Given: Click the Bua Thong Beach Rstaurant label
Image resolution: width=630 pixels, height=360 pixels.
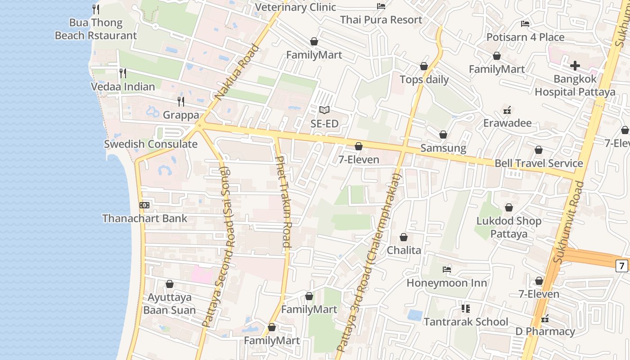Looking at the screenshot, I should (95, 29).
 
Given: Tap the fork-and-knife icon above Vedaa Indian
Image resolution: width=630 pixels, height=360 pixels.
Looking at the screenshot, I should (122, 72).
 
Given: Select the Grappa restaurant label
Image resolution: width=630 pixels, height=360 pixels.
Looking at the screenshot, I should (181, 115).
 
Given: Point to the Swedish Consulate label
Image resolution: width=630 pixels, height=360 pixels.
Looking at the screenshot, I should (151, 144).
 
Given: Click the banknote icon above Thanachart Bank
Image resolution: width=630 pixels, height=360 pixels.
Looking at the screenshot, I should (144, 205).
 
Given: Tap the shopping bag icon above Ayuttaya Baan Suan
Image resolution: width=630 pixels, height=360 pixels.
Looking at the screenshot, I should (170, 284).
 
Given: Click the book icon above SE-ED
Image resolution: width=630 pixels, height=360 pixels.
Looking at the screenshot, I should (324, 110).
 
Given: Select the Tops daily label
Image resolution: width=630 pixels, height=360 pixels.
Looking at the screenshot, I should (424, 80).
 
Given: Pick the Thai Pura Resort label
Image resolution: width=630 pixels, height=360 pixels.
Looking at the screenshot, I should (381, 20).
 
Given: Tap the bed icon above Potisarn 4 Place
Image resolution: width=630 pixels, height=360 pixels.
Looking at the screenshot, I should (525, 23).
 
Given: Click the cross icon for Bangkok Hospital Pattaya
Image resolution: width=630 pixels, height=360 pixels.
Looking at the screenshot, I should (575, 66).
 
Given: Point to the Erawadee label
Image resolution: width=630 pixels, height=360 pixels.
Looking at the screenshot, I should (507, 123).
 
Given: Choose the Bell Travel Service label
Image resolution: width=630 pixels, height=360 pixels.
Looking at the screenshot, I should (539, 163).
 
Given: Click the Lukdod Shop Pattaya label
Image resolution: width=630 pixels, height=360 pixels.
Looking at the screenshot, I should (509, 227).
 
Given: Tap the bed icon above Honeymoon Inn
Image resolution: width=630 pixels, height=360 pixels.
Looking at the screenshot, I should (447, 270).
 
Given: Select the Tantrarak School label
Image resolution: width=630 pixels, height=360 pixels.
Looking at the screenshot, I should (466, 322).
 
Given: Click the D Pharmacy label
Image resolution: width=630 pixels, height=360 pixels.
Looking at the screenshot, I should (545, 332).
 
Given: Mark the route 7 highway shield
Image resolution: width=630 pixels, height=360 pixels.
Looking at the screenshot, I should (622, 266).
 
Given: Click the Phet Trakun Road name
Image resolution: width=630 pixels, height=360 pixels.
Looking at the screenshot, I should (283, 202).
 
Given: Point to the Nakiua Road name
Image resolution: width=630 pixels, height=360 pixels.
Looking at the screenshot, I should (237, 72).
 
